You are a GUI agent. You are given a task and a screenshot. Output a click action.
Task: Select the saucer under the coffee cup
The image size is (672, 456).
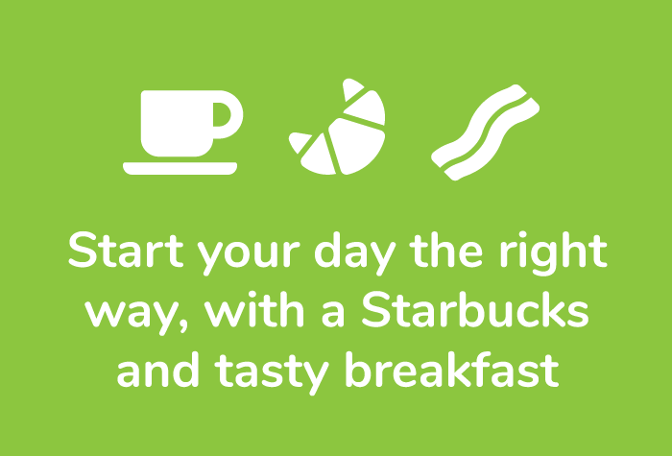pos(180,168)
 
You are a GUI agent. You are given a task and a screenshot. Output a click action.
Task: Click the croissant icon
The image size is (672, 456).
pos(337,127)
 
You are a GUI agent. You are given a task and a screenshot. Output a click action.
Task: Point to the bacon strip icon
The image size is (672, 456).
pos(485,132)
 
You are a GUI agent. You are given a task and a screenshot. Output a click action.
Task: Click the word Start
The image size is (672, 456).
pos(126,251)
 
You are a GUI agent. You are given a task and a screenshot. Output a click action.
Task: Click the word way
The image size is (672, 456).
pos(132,314)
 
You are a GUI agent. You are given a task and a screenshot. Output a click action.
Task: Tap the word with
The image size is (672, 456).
pos(254,309)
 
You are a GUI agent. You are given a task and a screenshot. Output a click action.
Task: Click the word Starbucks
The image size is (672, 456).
pos(476,309)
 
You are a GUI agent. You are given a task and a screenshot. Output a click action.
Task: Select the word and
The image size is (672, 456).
pos(158,370)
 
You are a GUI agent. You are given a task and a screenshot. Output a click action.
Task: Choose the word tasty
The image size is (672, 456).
pos(272,373)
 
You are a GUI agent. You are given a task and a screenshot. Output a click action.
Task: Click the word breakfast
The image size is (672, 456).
pos(452,370)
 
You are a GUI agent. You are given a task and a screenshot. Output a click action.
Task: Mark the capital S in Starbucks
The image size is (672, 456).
pos(376,309)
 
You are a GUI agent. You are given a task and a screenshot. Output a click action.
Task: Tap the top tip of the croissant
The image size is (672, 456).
pos(348,81)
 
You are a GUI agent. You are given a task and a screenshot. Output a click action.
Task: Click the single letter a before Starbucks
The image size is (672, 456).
pos(333,315)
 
